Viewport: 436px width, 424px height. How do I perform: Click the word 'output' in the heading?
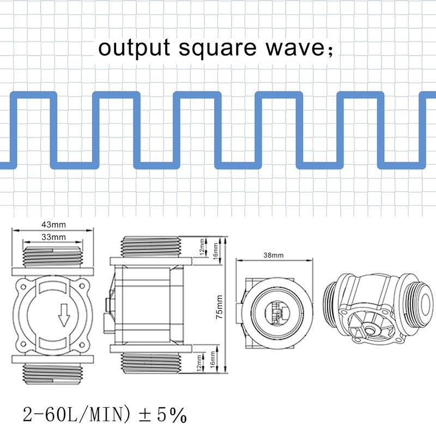[x=134, y=47]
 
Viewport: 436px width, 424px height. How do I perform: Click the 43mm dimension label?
[x=53, y=224]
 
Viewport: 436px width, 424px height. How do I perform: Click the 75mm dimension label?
[x=220, y=307]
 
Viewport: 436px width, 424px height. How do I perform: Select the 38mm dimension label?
[x=274, y=255]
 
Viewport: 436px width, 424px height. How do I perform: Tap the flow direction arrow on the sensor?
[x=64, y=315]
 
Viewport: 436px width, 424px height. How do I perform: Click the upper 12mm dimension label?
[x=202, y=247]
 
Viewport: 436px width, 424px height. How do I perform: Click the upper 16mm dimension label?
[x=215, y=251]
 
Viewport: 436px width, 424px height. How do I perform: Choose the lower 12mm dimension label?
[x=198, y=363]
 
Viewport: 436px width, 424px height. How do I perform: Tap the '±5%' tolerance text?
[x=162, y=415]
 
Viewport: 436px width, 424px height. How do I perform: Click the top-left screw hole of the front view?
[x=23, y=286]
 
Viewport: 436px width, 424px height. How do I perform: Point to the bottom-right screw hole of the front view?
[x=82, y=345]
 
